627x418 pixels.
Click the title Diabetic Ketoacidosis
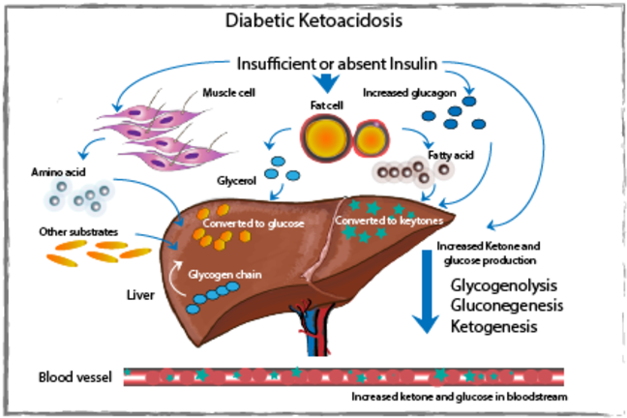click(x=313, y=19)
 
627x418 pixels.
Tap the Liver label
click(x=142, y=291)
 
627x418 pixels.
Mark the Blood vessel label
click(x=71, y=375)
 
